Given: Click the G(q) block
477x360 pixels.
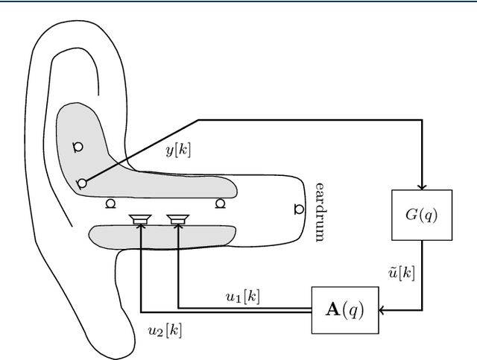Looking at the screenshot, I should pos(422,215).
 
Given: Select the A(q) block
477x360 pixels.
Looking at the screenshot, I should pos(344,309).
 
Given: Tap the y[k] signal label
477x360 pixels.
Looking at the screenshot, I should pos(177,150).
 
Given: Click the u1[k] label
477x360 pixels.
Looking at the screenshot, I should pos(243,296).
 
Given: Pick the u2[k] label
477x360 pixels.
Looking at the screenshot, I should pos(165,329).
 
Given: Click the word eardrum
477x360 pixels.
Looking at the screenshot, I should pos(319,211).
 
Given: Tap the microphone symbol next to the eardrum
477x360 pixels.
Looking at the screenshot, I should pos(298,209).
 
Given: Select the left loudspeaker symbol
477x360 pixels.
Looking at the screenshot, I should pos(139,218).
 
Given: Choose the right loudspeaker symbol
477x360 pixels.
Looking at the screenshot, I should pos(177,218).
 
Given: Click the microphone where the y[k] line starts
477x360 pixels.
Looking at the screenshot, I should pos(82,183).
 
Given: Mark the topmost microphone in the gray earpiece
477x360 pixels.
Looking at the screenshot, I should pos(77,145).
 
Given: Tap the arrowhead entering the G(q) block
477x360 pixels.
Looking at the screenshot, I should pos(422,187).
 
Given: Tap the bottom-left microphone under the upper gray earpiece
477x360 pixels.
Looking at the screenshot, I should pos(110,203).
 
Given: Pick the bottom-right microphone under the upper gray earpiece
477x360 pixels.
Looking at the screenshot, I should pos(220,203).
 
